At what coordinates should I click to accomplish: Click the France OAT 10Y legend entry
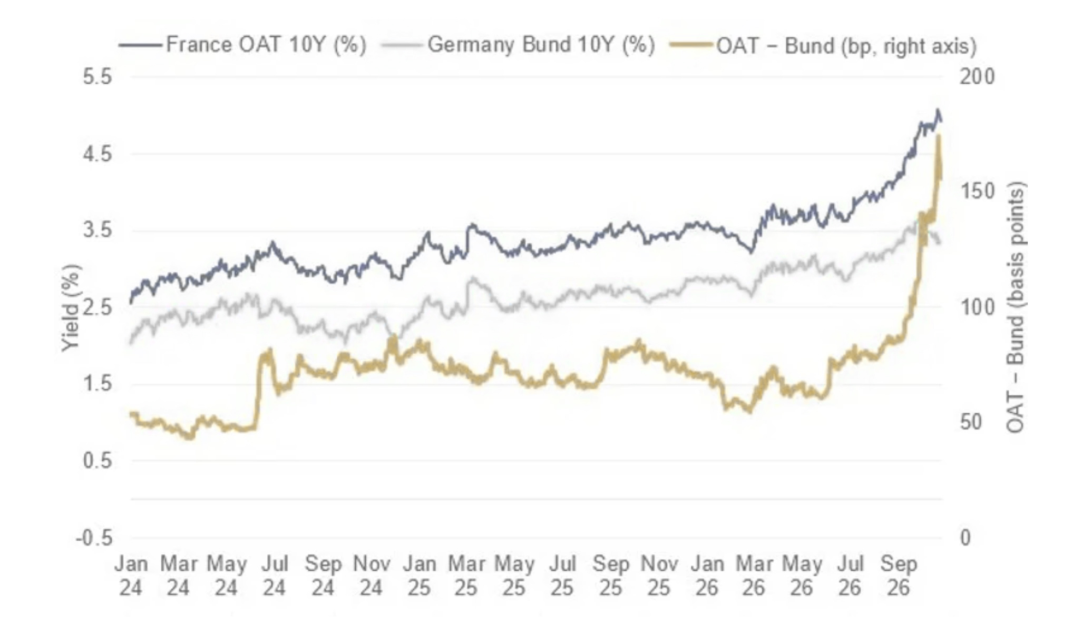[242, 45]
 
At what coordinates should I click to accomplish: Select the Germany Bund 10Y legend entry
[518, 45]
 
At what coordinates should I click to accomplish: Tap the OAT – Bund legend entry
[823, 46]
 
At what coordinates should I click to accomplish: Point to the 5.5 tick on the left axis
[98, 77]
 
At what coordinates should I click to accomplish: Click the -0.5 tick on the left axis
[94, 538]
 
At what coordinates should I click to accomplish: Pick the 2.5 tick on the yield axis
[98, 307]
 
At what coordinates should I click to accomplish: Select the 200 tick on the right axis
[977, 77]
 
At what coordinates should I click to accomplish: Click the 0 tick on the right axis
[965, 538]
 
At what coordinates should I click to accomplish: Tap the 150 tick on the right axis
[977, 192]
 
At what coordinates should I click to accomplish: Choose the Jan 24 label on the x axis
[131, 576]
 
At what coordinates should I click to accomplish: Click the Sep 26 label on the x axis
[899, 576]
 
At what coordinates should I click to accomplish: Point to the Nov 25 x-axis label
[659, 576]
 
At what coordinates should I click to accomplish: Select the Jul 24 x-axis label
[275, 576]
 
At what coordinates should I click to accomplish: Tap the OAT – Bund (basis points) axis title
[1015, 307]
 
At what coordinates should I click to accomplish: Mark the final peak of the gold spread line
[938, 137]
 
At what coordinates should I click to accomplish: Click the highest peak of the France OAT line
[938, 110]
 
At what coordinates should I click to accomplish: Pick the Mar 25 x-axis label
[466, 576]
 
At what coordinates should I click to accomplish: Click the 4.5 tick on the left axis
[98, 154]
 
